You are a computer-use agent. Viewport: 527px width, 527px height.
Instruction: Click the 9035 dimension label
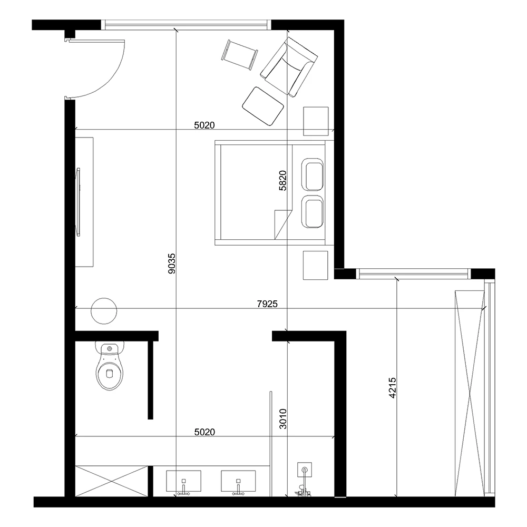(172, 263)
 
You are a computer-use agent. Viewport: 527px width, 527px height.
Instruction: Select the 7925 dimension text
(267, 304)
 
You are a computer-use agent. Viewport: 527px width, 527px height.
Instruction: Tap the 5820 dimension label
(283, 180)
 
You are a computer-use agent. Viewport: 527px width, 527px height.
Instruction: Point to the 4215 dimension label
(393, 388)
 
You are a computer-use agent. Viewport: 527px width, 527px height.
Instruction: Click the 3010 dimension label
(283, 419)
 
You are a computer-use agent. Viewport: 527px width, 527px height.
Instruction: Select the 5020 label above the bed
(204, 125)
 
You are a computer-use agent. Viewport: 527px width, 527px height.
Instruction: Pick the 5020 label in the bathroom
(204, 432)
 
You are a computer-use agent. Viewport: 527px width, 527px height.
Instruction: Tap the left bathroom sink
(183, 481)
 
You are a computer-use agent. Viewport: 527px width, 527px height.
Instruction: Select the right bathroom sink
(238, 481)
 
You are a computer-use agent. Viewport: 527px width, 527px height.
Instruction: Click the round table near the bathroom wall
(104, 311)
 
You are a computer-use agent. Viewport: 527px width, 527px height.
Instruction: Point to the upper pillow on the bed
(313, 175)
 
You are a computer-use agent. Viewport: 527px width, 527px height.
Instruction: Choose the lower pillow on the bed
(313, 212)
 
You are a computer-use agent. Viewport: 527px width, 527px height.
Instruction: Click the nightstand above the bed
(316, 121)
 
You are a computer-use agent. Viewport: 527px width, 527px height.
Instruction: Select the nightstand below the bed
(316, 265)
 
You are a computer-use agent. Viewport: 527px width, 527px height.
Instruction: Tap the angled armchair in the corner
(289, 67)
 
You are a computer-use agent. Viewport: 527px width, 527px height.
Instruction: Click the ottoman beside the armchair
(263, 106)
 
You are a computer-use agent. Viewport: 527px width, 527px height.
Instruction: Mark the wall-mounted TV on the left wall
(79, 202)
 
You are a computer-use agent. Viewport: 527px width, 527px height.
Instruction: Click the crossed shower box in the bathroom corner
(112, 481)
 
